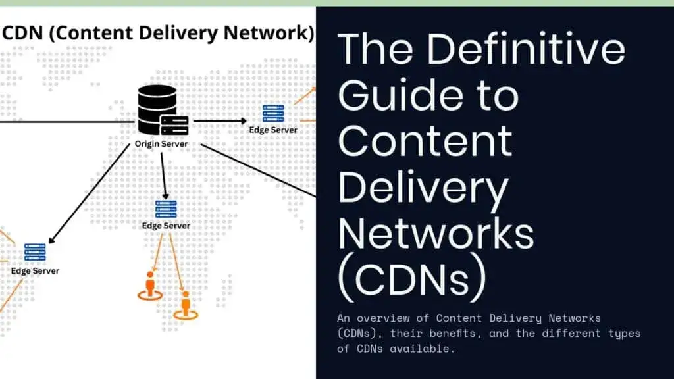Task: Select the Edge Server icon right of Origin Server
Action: (x=272, y=113)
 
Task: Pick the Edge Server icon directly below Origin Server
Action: (x=166, y=209)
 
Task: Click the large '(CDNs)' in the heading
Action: (x=412, y=279)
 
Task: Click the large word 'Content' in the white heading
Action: (x=425, y=140)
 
